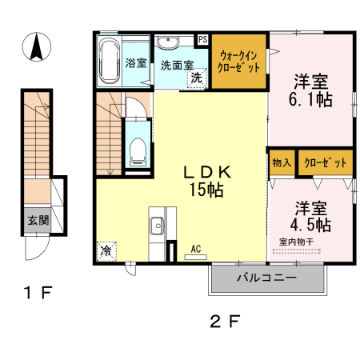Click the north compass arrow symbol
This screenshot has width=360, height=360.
36,48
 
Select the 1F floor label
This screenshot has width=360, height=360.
36,294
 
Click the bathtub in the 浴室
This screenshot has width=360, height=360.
109,62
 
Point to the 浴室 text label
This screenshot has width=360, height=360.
135,63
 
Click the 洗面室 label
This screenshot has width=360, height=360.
175,64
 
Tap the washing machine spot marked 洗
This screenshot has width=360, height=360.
196,78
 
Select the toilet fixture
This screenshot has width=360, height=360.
137,150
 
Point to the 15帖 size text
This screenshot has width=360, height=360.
206,190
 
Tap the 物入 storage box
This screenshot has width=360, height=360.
282,163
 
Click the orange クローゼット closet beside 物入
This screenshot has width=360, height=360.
326,163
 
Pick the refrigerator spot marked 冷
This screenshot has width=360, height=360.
106,250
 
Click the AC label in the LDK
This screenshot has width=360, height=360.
196,249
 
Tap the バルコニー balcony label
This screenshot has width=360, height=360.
267,278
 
